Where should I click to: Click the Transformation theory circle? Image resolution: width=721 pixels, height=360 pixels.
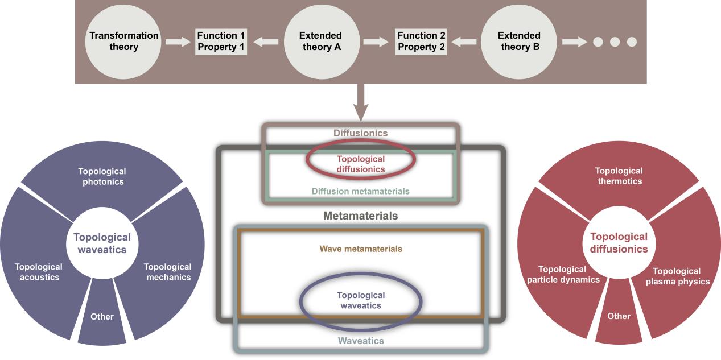click(x=123, y=42)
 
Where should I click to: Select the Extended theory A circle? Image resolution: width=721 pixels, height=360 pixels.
click(x=320, y=42)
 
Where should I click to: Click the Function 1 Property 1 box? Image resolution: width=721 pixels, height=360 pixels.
click(x=222, y=42)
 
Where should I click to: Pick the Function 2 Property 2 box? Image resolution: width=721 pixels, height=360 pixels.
click(x=421, y=42)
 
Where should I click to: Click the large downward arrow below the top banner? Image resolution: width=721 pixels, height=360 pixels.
click(x=360, y=100)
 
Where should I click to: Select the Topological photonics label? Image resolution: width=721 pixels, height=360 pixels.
click(x=102, y=176)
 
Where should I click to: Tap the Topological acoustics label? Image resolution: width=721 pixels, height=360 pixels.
click(x=37, y=272)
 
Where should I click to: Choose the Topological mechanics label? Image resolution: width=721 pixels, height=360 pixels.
click(x=167, y=272)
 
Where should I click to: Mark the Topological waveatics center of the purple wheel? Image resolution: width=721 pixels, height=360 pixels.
click(x=102, y=243)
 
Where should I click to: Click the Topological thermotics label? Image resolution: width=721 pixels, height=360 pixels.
click(x=619, y=176)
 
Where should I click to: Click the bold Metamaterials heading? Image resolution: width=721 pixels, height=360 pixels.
click(x=360, y=216)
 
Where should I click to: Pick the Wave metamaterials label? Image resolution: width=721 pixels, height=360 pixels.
click(x=361, y=249)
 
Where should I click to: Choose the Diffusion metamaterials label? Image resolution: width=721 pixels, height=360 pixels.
click(x=360, y=192)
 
